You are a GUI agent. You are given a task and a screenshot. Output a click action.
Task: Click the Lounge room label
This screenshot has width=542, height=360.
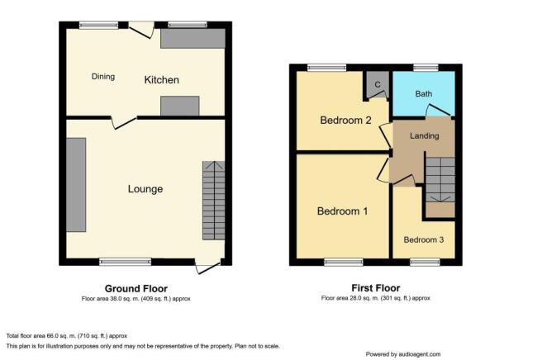point(145,189)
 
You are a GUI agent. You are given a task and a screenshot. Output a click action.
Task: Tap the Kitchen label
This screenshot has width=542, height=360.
point(161,80)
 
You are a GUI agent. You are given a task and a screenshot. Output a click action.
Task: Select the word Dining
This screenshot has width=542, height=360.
point(103,77)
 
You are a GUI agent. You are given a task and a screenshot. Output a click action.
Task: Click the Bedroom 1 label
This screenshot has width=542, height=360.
point(342,211)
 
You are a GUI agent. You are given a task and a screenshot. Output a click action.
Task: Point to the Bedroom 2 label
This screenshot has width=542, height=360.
point(345,121)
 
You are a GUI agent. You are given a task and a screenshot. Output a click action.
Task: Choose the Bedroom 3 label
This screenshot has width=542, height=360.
point(423,239)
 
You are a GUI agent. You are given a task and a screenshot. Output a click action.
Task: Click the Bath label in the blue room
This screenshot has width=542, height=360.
point(423,93)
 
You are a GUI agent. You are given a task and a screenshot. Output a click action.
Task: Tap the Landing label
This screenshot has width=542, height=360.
point(425,136)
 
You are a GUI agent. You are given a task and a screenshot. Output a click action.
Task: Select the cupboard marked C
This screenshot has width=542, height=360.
point(378,85)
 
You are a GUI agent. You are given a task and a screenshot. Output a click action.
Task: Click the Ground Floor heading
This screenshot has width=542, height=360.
point(136,288)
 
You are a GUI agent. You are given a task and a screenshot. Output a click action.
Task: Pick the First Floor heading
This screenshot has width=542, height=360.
point(376,288)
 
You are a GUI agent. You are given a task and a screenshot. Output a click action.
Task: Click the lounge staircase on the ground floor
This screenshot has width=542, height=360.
point(214,201)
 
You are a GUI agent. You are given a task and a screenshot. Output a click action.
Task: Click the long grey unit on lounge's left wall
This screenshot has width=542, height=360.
point(76,185)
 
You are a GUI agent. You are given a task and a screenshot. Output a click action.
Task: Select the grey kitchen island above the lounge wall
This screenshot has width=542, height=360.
point(180,106)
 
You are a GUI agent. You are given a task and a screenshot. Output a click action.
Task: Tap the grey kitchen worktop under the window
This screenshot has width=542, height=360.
point(193,38)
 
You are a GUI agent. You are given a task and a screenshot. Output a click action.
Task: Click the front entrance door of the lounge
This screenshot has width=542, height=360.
point(208,267)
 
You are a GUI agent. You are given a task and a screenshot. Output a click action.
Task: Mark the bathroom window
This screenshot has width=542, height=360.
point(426,68)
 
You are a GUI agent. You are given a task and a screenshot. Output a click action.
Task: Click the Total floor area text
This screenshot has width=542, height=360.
point(67,336)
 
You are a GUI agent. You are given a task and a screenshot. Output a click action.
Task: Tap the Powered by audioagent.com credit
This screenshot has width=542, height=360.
point(403,354)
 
